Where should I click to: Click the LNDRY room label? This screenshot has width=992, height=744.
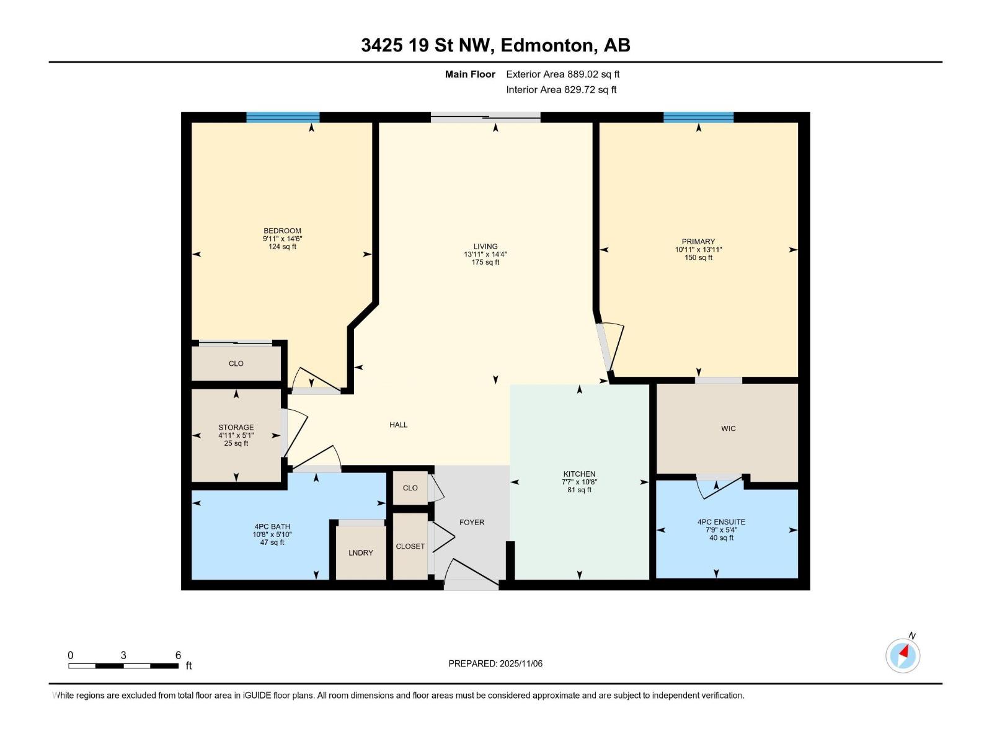(360, 552)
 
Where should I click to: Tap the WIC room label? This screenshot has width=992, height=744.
(728, 428)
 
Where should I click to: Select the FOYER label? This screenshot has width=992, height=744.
(472, 522)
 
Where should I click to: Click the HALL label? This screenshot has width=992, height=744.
(398, 425)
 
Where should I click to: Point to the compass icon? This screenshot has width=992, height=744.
(903, 655)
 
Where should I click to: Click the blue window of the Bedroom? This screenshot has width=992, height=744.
(283, 117)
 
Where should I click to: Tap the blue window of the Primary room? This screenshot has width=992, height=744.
(698, 117)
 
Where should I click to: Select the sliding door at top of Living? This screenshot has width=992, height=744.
(485, 117)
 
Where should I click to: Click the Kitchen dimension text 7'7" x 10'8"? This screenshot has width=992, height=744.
(579, 482)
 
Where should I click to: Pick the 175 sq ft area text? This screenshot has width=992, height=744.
(485, 262)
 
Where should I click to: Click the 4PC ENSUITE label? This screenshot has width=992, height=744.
(721, 522)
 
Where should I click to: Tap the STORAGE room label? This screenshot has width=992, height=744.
(236, 427)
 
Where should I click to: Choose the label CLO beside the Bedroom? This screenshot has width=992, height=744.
(236, 363)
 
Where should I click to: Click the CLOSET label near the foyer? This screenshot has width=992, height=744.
(410, 546)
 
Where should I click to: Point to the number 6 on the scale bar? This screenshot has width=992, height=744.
(178, 655)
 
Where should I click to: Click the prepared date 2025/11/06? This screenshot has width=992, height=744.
(521, 663)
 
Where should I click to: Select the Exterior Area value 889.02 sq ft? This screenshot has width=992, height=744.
(593, 74)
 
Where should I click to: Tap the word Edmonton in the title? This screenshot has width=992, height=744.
(546, 45)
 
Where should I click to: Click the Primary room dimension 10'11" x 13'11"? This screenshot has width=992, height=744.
(698, 250)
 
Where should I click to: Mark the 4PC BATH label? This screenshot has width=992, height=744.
(272, 526)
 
